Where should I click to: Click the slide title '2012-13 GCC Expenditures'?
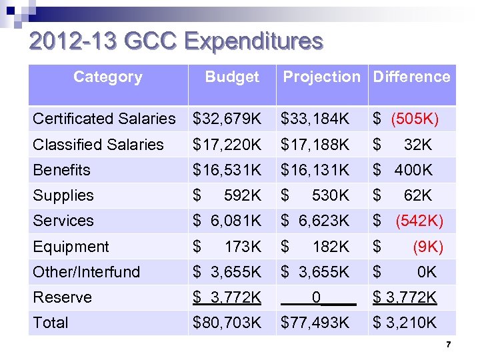point(176,41)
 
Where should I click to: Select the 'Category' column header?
point(107,77)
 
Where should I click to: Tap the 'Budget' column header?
point(231,77)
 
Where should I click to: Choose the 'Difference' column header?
point(411,77)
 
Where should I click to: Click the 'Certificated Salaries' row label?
point(104,119)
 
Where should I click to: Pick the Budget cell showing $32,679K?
point(227,119)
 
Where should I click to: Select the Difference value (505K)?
point(414,119)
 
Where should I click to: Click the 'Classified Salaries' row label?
point(98,144)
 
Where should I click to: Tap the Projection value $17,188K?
point(315,144)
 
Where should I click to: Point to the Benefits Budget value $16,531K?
point(227,170)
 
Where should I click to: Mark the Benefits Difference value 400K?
point(413,170)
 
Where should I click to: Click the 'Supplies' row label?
point(63,195)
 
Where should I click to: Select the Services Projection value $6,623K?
point(315,221)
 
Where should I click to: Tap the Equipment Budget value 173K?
point(243,247)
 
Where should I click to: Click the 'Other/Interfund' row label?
point(87,272)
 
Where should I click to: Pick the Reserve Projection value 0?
point(317,297)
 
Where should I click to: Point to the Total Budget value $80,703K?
point(227,323)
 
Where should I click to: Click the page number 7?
point(449,345)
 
